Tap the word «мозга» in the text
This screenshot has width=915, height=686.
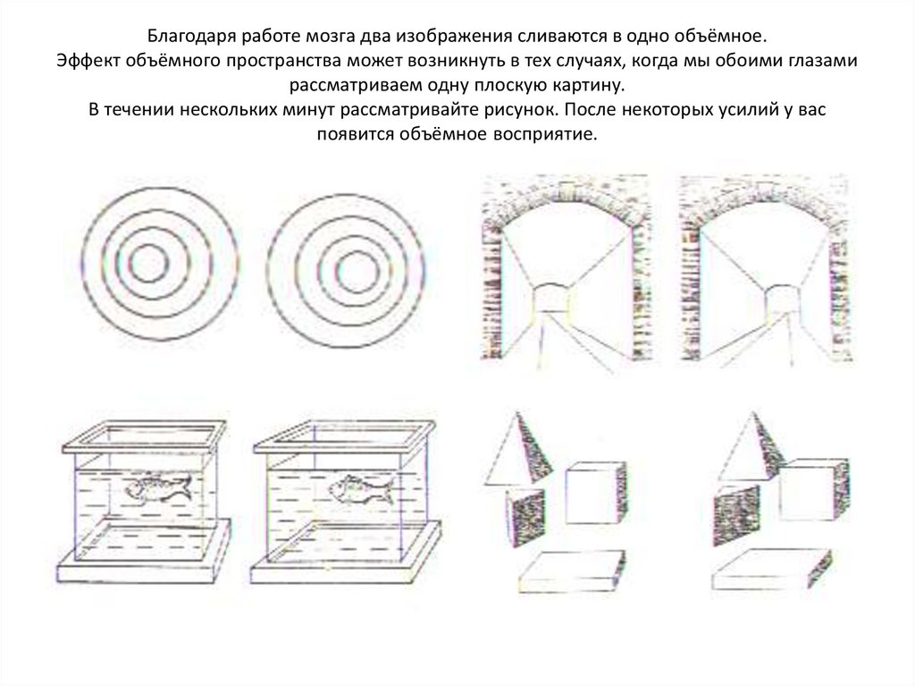tap(328, 37)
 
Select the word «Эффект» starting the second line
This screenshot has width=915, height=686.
tap(87, 61)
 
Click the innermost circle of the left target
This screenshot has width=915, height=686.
tap(149, 263)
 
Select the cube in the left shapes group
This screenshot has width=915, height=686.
tap(596, 493)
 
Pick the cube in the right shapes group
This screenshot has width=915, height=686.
tap(813, 489)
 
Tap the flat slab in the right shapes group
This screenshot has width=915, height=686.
tap(771, 569)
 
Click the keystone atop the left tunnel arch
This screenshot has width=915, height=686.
tap(567, 190)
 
